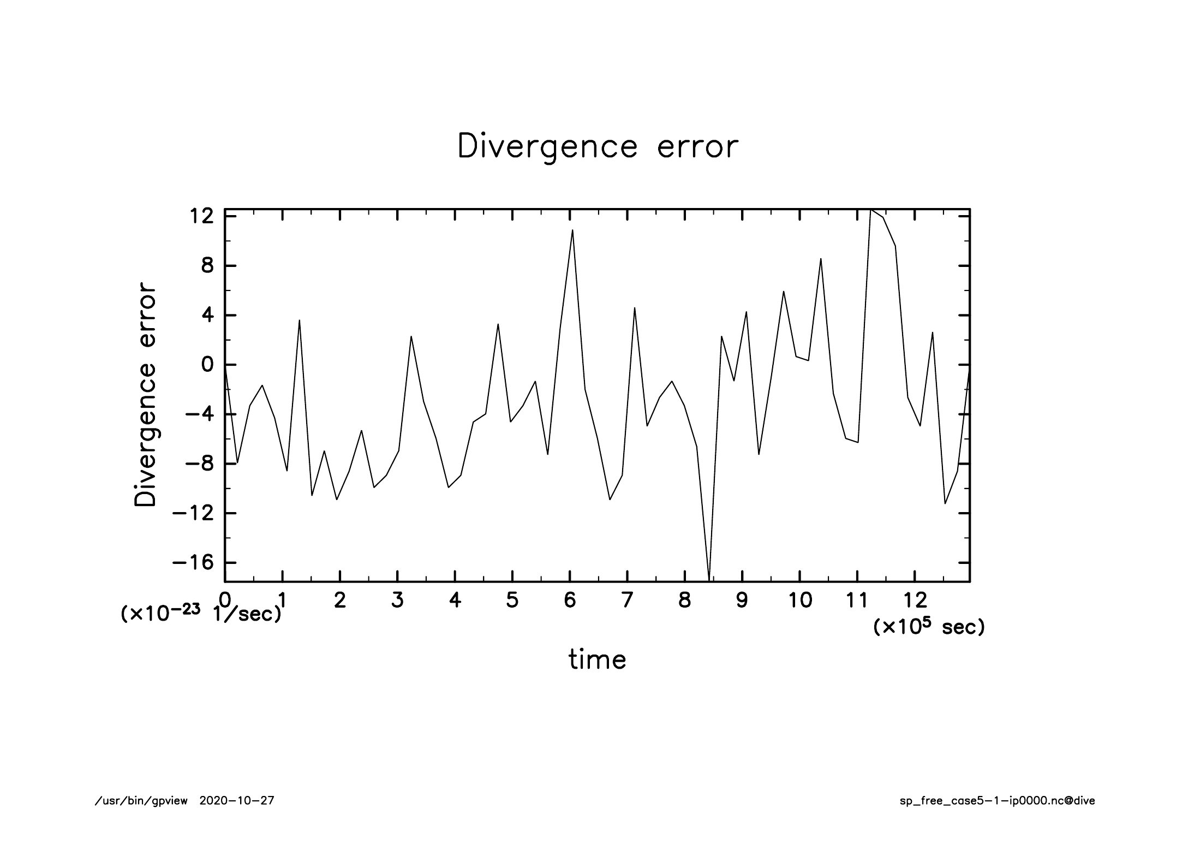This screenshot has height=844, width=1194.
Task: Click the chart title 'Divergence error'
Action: click(598, 146)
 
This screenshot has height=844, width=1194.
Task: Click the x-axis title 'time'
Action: click(598, 659)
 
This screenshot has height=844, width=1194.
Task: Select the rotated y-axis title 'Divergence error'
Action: click(145, 394)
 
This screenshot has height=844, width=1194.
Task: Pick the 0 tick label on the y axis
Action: click(207, 365)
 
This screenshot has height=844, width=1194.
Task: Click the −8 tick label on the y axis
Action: click(199, 463)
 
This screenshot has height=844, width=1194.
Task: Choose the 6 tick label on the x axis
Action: click(570, 601)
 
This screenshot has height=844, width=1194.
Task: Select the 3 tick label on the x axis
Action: click(397, 601)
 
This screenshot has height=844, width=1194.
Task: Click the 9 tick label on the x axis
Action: click(742, 601)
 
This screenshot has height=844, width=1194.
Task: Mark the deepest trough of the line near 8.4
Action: click(709, 580)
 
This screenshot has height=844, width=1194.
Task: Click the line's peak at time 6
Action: click(572, 230)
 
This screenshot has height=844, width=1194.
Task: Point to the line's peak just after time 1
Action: click(300, 320)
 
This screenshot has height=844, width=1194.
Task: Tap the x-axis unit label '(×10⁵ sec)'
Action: click(929, 627)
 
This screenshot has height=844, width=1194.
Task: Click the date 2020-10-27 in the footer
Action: click(237, 801)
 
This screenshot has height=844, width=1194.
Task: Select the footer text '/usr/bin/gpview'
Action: click(141, 801)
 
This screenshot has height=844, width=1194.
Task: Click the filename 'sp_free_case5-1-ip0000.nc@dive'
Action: click(997, 801)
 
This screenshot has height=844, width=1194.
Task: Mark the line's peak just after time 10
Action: click(821, 259)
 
